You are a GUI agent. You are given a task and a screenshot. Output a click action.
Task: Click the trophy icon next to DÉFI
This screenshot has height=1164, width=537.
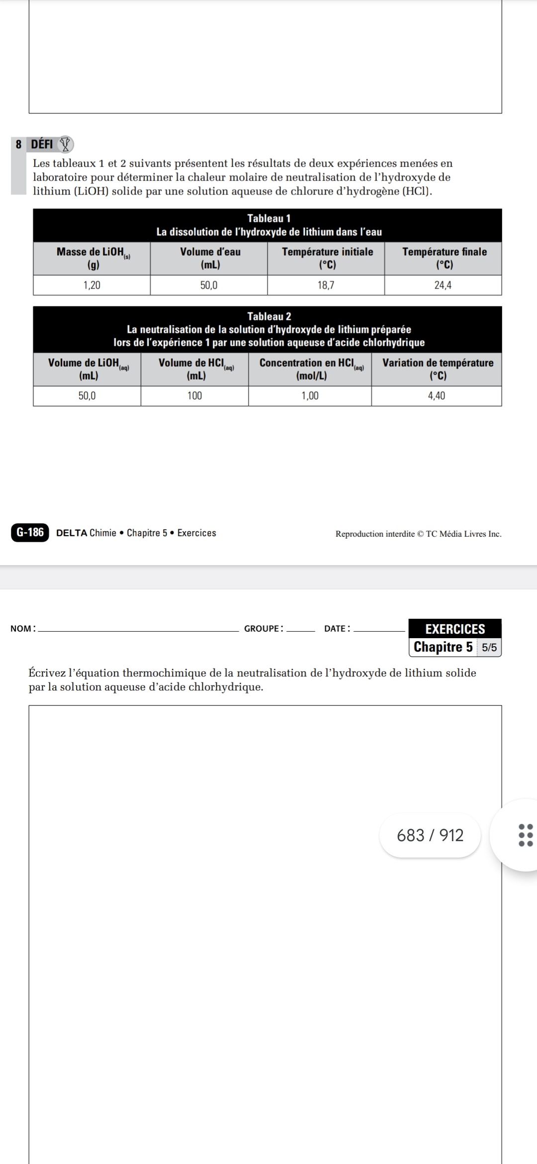[x=65, y=144]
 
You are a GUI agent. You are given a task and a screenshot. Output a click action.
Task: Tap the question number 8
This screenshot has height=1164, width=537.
[x=18, y=144]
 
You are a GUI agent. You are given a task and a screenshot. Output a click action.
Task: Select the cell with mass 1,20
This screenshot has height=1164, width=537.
[x=91, y=285]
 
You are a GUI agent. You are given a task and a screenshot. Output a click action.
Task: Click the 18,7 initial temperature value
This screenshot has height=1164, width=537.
[x=326, y=285]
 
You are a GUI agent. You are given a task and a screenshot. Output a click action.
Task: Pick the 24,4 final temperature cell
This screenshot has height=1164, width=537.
[x=443, y=285]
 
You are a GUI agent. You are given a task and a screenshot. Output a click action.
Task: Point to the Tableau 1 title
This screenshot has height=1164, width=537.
[x=268, y=218]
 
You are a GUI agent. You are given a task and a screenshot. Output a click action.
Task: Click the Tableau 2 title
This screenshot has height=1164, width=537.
[x=268, y=316]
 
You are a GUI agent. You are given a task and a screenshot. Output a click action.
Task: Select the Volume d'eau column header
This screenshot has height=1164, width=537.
[x=210, y=258]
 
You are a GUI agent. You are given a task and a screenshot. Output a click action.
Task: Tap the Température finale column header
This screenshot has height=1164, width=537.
[x=444, y=258]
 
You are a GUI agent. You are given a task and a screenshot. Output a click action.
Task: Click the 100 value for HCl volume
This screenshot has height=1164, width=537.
[x=194, y=395]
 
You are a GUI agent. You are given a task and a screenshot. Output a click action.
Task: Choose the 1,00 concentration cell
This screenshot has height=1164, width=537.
[x=310, y=395]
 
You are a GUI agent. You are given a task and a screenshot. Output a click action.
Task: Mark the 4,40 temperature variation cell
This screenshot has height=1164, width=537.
[x=436, y=395]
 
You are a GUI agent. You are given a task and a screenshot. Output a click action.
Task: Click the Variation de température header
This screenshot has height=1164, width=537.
[x=438, y=369]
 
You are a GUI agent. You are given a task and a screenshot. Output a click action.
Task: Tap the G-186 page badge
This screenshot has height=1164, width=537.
[x=30, y=532]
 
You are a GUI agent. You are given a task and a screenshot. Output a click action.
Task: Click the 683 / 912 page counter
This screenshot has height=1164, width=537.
[x=430, y=835]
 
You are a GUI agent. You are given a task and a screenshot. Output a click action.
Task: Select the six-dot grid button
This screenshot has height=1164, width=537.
[x=525, y=835]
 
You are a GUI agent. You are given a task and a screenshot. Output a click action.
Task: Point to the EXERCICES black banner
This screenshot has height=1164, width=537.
[x=455, y=629]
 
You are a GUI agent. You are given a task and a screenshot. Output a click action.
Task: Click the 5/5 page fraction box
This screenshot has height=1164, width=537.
[x=489, y=647]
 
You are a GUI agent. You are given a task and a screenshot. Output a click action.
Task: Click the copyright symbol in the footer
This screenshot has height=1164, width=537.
[x=420, y=534]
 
